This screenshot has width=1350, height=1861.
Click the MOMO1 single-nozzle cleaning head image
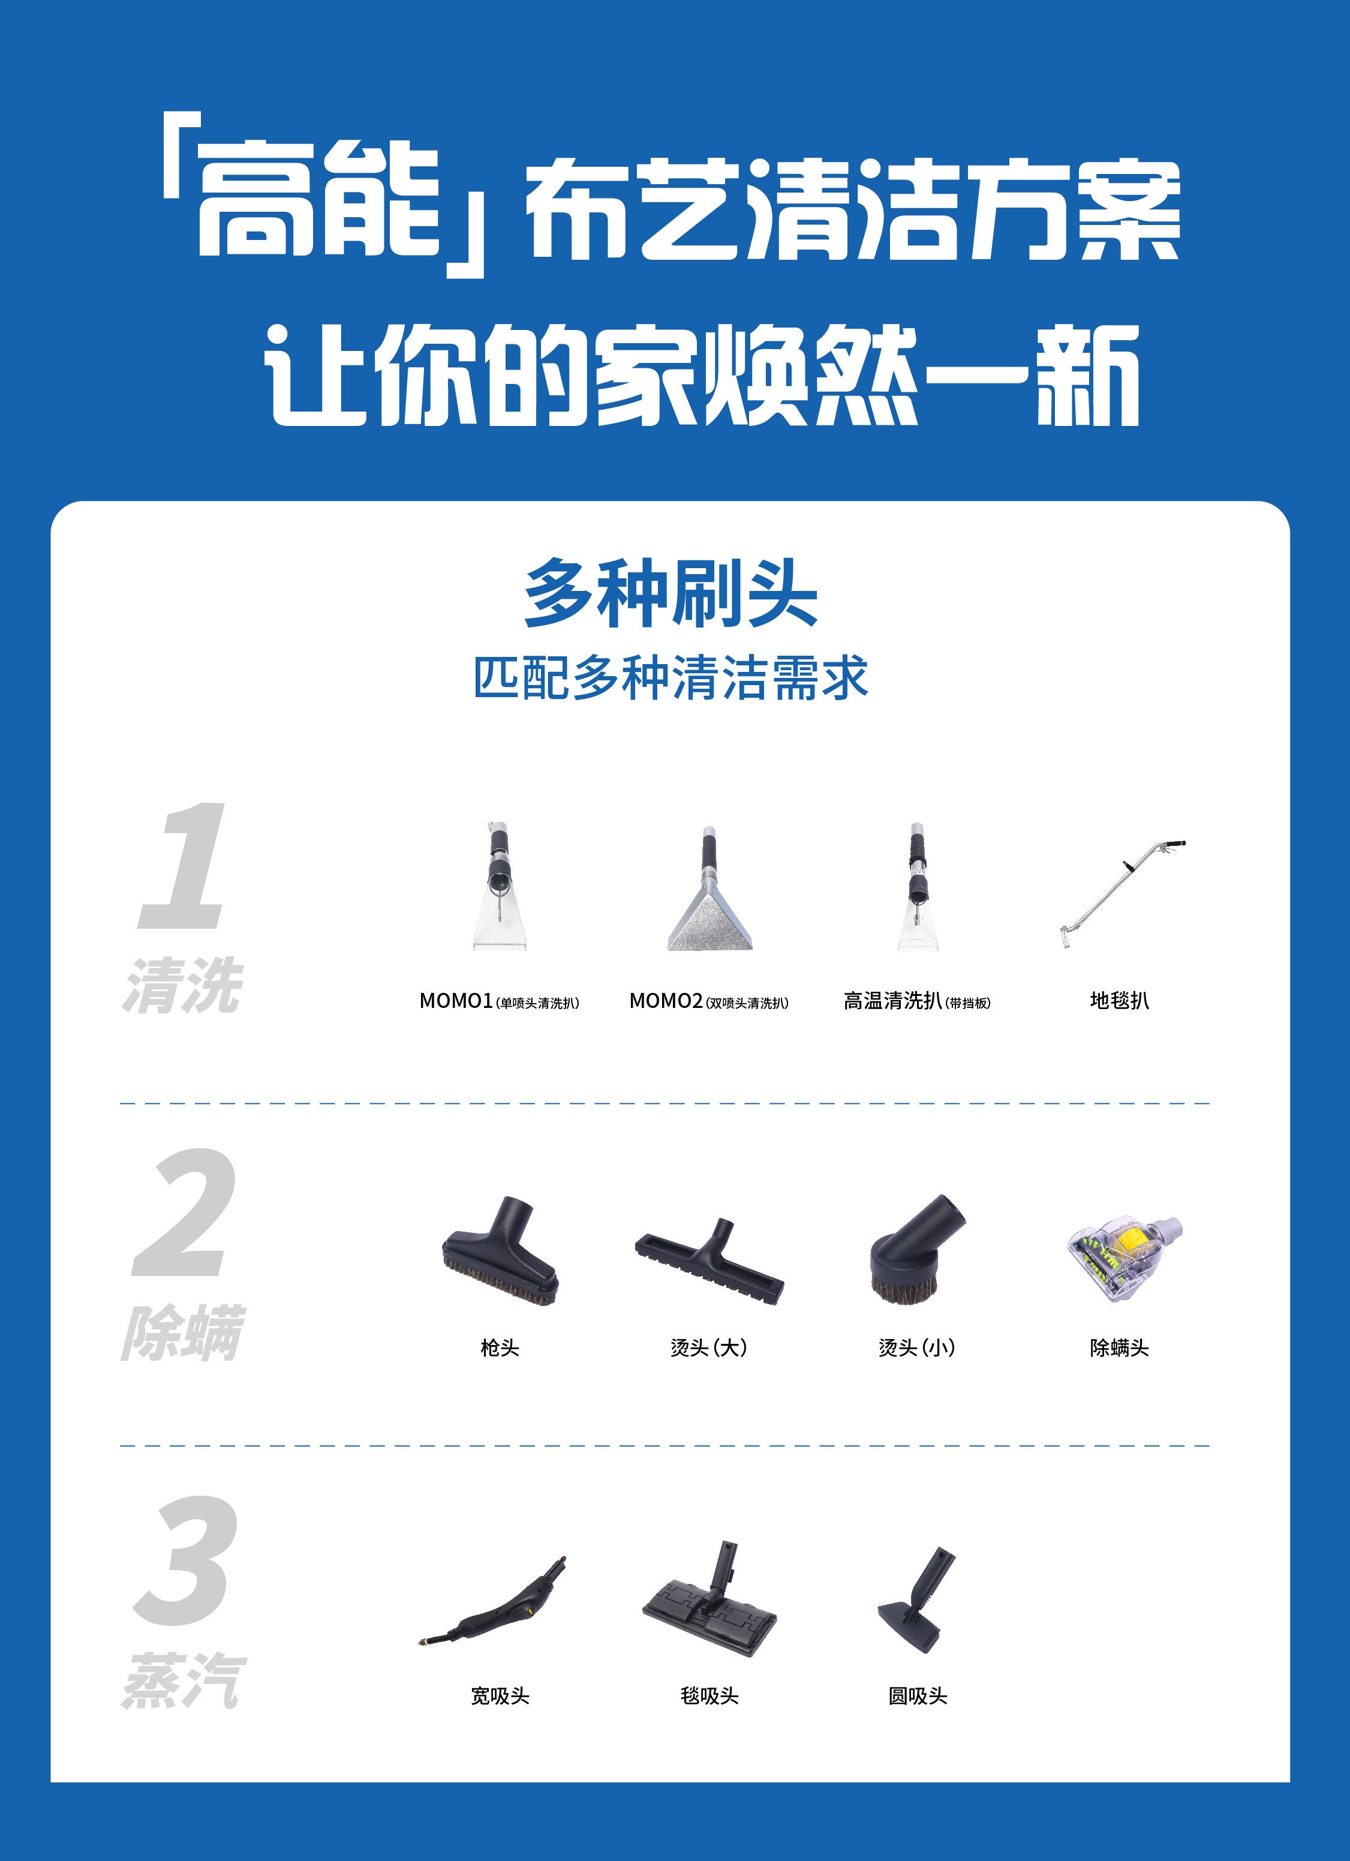pyautogui.click(x=498, y=886)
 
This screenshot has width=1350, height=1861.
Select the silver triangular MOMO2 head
pyautogui.click(x=709, y=895)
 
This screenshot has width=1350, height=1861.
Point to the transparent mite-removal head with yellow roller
pyautogui.click(x=1124, y=1256)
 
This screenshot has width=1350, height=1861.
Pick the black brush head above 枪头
pyautogui.click(x=500, y=1252)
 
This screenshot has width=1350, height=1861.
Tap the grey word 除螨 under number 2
pyautogui.click(x=183, y=1334)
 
